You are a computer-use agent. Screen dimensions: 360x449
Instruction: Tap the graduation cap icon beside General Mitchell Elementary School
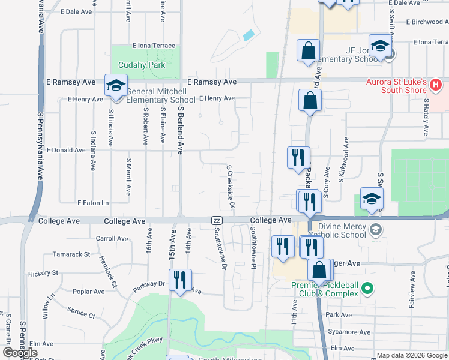coord(116,85)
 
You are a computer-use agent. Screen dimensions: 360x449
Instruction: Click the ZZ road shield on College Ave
coord(217,221)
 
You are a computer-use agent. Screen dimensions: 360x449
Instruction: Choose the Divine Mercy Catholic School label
coord(342,230)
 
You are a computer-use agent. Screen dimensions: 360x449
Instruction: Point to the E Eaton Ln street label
coord(93,203)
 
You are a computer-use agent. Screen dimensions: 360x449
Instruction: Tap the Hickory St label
coord(43,273)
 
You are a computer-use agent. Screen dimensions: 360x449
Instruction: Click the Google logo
coord(20,353)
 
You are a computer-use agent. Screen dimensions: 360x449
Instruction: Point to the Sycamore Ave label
coord(348,332)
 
